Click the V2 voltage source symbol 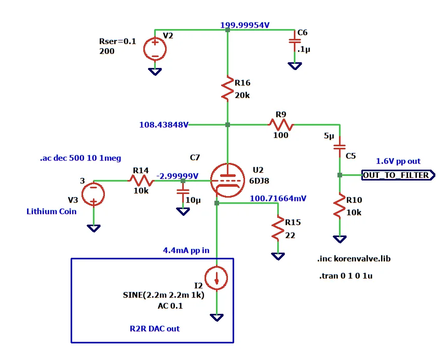tap(155, 49)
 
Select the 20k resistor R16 tap(227, 88)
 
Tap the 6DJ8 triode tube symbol tap(227, 180)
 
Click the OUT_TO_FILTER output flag tap(398, 175)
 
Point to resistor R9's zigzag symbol tap(281, 124)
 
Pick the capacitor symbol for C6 tap(295, 41)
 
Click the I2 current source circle tap(216, 278)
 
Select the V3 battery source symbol tap(93, 194)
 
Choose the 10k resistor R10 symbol tap(340, 205)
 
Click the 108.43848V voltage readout tap(164, 124)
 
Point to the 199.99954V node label tap(245, 25)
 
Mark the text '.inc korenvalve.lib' tap(354, 259)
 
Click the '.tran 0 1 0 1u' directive tap(346, 275)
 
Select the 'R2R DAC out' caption tap(155, 329)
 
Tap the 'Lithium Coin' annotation tap(51, 211)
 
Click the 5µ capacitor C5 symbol tap(340, 147)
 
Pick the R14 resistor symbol tap(141, 181)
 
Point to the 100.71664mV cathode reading tap(278, 198)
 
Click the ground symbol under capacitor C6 tap(295, 66)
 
